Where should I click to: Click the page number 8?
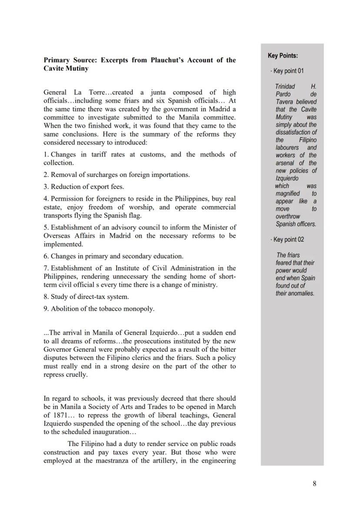click(314, 484)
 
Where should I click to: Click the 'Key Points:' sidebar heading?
click(283, 56)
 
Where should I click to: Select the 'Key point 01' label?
click(288, 71)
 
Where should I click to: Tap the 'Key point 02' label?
click(288, 240)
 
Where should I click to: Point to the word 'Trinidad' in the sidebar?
click(285, 86)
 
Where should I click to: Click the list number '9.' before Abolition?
click(46, 309)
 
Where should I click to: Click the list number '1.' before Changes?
click(46, 154)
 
